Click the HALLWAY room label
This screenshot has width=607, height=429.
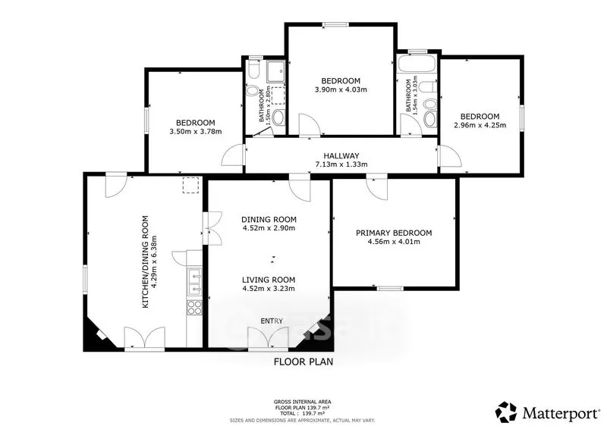341,156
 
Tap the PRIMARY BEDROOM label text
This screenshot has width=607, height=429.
394,233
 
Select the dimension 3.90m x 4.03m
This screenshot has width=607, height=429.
341,89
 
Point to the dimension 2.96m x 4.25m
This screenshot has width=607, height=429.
480,125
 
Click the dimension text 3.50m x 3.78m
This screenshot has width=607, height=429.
196,132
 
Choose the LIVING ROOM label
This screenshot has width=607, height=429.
269,280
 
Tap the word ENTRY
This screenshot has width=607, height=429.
272,321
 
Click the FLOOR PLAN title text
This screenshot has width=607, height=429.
303,362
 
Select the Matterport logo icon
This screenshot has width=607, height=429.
506,412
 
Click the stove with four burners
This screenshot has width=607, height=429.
194,307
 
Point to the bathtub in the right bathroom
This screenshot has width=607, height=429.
417,64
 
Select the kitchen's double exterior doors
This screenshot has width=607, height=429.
145,338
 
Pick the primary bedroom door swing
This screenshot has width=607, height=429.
377,189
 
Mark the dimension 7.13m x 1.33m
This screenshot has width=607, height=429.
341,164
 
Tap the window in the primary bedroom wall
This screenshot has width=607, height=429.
390,288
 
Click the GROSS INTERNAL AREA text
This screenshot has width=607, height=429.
302,402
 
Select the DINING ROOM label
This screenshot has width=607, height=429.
269,219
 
